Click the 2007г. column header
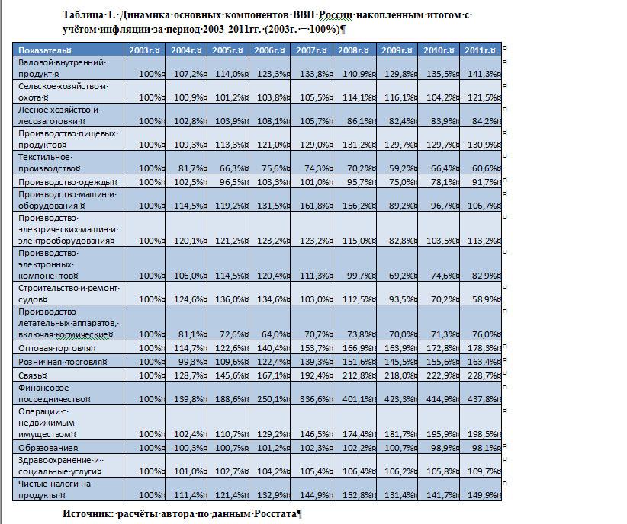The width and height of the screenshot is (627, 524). (x=310, y=50)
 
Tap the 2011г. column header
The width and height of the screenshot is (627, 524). (x=481, y=50)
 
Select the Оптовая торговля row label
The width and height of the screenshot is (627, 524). (x=50, y=347)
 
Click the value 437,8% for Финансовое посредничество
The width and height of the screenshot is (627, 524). (x=483, y=399)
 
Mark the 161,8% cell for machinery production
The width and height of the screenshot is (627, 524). (x=313, y=206)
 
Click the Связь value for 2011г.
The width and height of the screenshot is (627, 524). (x=483, y=375)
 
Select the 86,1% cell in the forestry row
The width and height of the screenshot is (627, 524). (x=358, y=120)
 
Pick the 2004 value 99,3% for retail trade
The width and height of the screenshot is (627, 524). (x=188, y=361)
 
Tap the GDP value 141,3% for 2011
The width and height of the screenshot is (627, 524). (x=483, y=74)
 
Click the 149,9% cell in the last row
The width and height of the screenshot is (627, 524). (x=483, y=495)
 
